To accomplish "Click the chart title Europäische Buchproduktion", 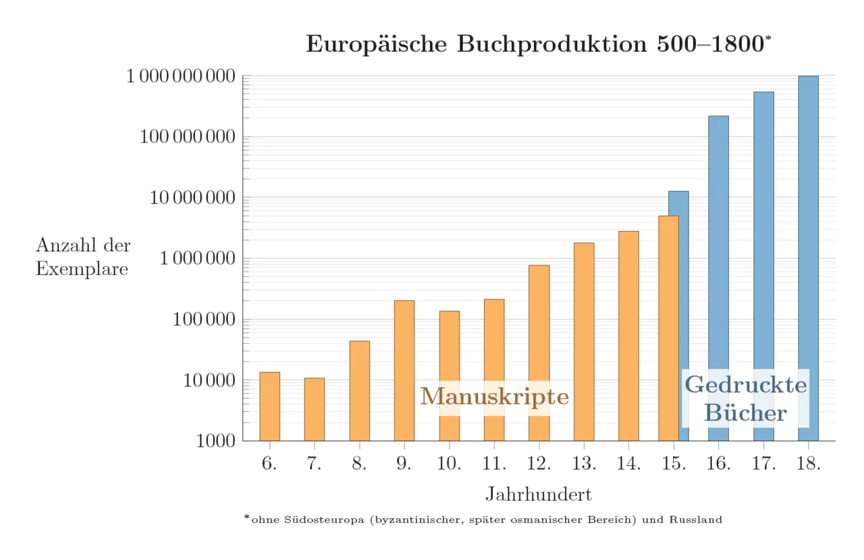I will click(538, 44).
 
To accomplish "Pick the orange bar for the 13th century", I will click(584, 341).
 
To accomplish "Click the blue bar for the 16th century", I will click(718, 278).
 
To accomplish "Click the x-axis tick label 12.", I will click(539, 463).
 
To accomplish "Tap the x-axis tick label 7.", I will click(315, 463).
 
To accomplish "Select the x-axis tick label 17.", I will click(763, 463).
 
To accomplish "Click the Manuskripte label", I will click(495, 397).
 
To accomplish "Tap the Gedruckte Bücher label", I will click(745, 399).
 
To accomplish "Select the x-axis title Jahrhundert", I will click(538, 494).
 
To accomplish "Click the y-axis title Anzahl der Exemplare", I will click(82, 257).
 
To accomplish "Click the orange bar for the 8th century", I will click(359, 390).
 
